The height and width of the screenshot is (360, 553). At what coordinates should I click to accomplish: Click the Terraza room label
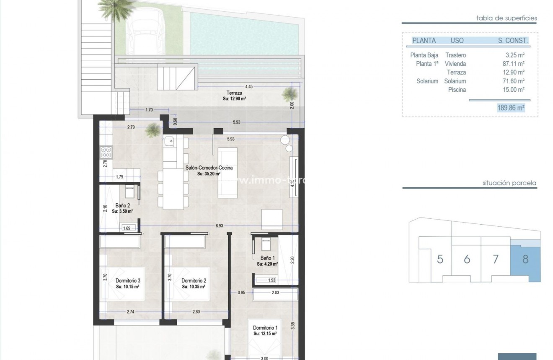click(x=234, y=94)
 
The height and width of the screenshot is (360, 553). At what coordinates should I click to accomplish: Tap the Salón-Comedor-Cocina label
click(x=209, y=168)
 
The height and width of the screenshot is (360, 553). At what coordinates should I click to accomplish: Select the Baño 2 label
click(x=123, y=206)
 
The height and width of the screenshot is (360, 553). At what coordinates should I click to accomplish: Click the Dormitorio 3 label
click(x=127, y=281)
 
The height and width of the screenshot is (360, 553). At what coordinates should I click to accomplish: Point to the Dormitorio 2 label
click(x=193, y=281)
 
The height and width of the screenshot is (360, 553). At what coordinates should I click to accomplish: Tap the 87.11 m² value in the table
click(x=515, y=64)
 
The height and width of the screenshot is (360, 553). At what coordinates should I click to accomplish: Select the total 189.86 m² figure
click(x=511, y=108)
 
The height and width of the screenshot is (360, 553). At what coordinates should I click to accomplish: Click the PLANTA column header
click(x=424, y=41)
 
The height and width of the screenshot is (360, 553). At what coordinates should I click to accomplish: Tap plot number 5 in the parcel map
click(x=440, y=259)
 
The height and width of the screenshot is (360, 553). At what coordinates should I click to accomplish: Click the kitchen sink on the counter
click(x=170, y=142)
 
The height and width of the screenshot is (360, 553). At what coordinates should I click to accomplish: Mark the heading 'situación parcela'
click(x=509, y=183)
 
